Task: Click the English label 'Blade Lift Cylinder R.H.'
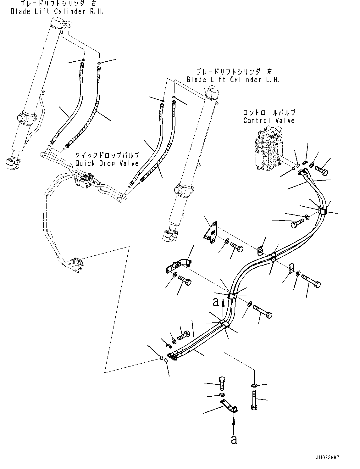(x=57, y=12)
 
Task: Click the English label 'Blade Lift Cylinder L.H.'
(x=233, y=80)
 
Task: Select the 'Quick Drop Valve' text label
(x=107, y=163)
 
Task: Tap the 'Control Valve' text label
(x=269, y=120)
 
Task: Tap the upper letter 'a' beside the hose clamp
(x=216, y=302)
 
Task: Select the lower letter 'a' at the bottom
(x=234, y=439)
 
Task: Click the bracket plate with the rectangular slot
(x=211, y=233)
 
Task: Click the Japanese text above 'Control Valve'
(x=269, y=112)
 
